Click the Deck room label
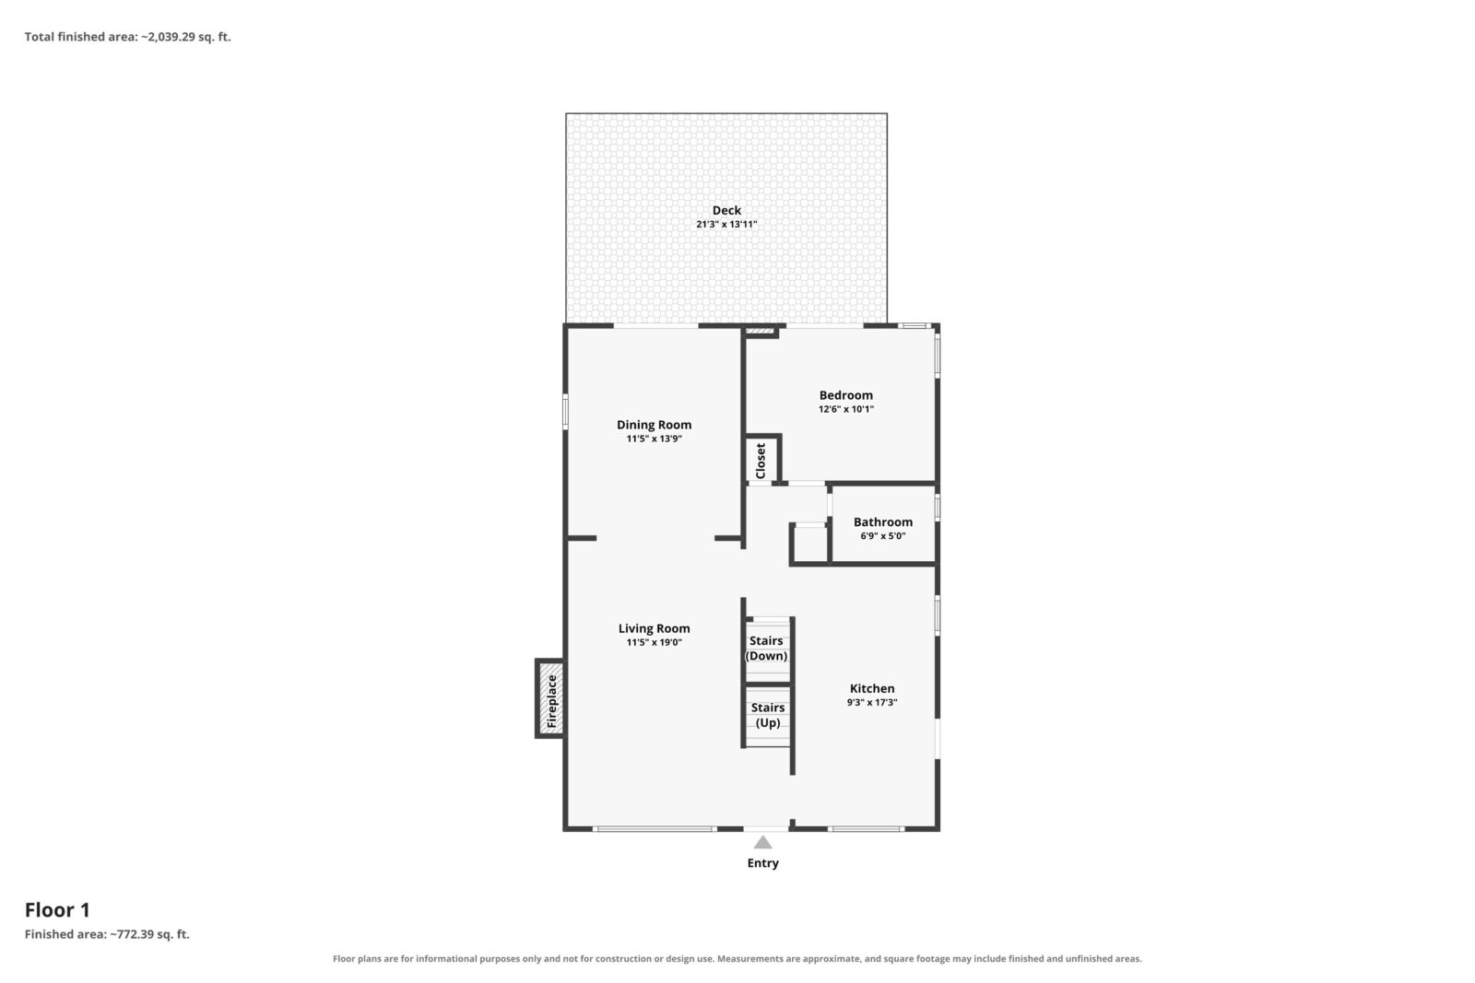[x=726, y=211]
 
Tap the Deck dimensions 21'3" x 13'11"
[x=726, y=225]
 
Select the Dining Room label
[x=654, y=425]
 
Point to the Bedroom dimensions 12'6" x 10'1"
[x=846, y=409]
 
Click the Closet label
[x=761, y=461]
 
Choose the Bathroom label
[x=883, y=521]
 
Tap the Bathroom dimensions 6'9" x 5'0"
[x=883, y=535]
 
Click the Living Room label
[x=654, y=629]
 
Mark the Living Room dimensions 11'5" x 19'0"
[x=654, y=643]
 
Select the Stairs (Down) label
[x=766, y=648]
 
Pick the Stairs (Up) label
[x=768, y=715]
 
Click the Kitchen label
[x=872, y=688]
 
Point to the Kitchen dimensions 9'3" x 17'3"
[x=872, y=702]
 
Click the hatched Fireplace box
[x=551, y=698]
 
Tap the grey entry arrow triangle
[x=762, y=842]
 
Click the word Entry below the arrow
[x=762, y=863]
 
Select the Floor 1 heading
[x=57, y=910]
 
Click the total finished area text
[x=128, y=37]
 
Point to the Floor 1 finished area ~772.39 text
[x=107, y=934]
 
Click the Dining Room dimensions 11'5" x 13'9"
[x=654, y=439]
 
